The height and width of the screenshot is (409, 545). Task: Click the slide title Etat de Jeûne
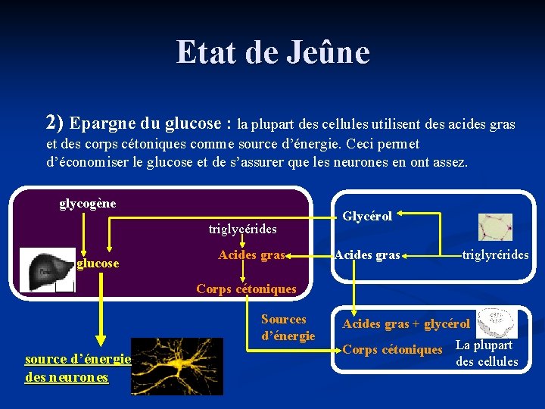[272, 53]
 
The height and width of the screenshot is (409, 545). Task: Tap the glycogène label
[87, 203]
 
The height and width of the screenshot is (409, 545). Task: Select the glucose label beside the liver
[98, 263]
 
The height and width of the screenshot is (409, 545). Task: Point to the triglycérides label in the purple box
[242, 228]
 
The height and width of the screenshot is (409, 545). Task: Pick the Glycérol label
[367, 217]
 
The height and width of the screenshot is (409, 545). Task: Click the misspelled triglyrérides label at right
[497, 255]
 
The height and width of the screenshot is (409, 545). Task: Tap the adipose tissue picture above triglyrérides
[495, 226]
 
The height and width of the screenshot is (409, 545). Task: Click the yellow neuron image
[176, 367]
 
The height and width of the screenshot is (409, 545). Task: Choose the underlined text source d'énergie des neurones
[78, 367]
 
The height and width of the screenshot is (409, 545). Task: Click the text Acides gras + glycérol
[406, 324]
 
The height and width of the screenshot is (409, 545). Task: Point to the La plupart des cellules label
[486, 354]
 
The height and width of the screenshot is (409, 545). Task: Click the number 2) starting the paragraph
[54, 122]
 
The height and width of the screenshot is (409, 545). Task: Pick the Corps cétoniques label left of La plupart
[392, 349]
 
